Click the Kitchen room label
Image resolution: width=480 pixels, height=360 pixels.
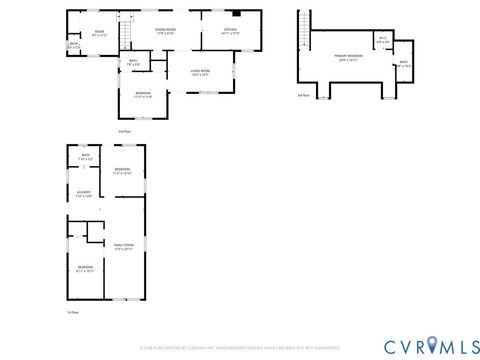point(229,31)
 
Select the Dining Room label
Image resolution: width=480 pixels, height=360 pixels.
point(165,31)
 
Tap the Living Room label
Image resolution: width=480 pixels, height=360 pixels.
point(200,72)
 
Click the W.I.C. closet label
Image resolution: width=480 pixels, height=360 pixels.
point(383,42)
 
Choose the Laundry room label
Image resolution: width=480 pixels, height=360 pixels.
point(84,194)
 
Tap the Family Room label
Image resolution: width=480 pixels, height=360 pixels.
point(124,246)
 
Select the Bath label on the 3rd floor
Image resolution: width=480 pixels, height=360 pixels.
point(403,64)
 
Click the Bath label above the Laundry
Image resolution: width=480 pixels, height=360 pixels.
point(85,157)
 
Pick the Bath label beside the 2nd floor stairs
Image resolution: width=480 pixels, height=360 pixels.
point(133,64)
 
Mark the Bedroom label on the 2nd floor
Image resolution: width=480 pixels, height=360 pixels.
point(144,95)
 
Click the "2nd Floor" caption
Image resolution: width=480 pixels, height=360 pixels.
point(125,131)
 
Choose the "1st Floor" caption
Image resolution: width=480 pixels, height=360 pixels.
point(72,312)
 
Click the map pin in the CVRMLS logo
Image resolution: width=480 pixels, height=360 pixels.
point(433,346)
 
